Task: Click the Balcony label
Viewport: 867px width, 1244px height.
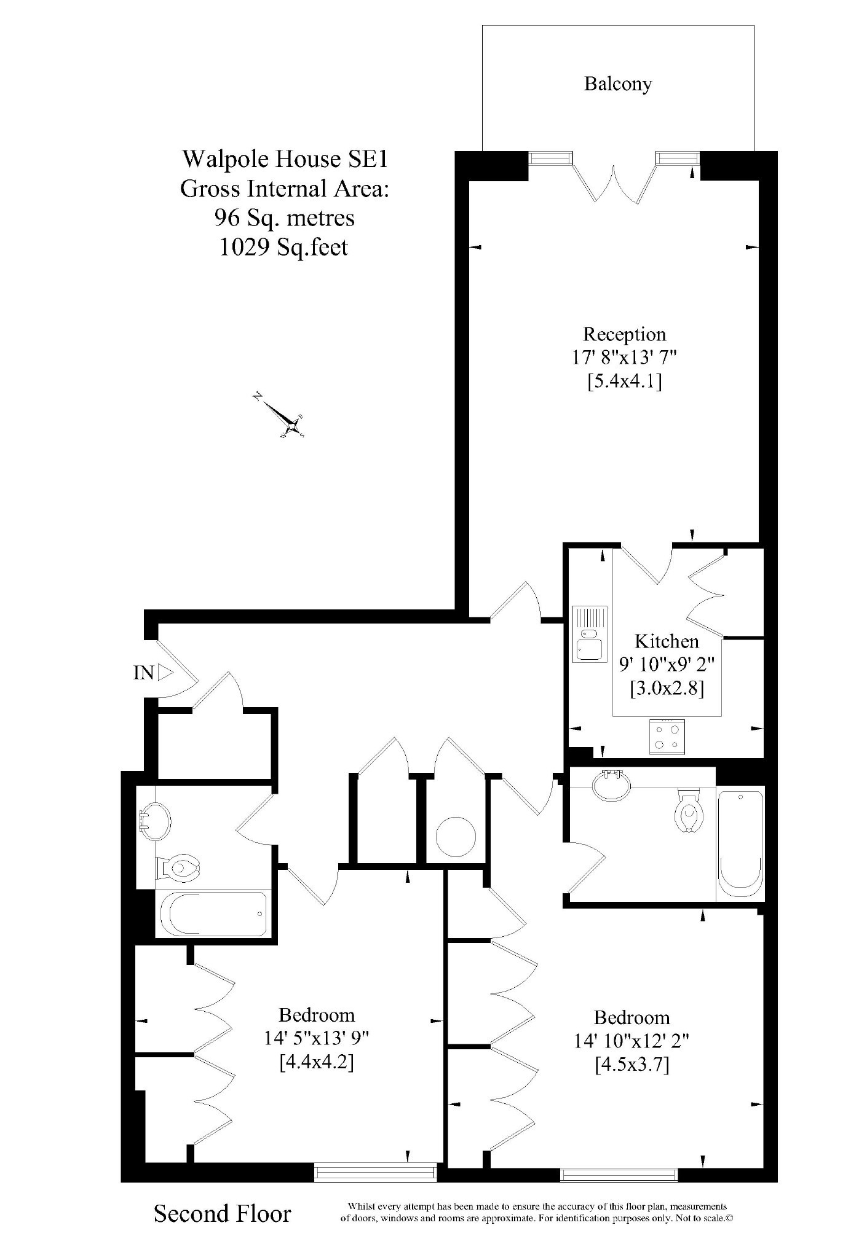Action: pos(617,84)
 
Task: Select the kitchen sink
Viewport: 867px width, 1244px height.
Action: pos(590,633)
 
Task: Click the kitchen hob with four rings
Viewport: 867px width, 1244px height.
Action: pos(667,737)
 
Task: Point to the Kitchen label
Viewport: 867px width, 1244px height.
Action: pos(667,641)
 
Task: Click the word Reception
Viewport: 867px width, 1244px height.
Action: pos(624,334)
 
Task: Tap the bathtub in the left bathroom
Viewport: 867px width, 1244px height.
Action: pos(213,913)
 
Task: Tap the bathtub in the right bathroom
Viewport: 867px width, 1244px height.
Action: pos(740,843)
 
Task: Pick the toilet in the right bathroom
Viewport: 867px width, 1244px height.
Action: pos(688,810)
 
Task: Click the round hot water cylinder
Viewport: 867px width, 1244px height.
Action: pos(456,836)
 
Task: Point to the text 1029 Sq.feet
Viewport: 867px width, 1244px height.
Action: pos(284,247)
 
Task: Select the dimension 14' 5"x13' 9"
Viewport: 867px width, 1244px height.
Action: pos(316,1038)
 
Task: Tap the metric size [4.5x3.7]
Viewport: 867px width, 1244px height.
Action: pos(631,1064)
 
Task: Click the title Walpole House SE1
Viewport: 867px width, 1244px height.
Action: pos(285,159)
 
